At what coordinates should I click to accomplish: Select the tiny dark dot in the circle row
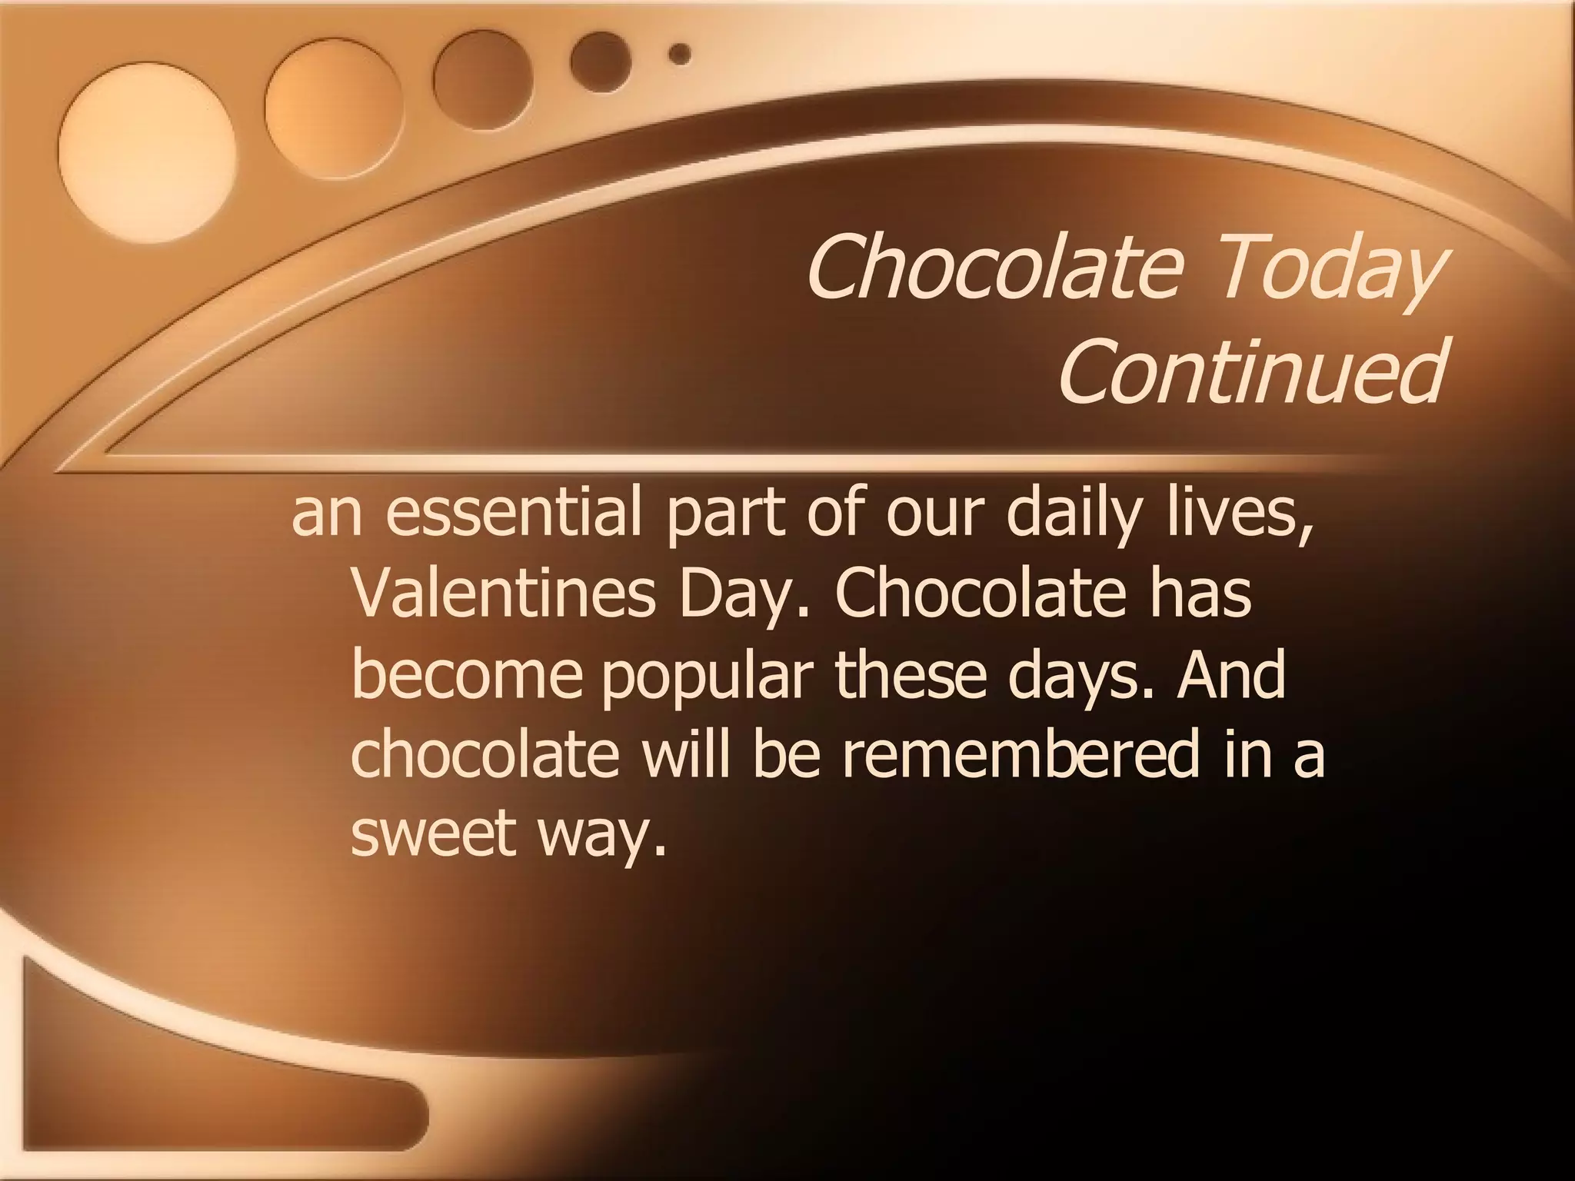pyautogui.click(x=680, y=54)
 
